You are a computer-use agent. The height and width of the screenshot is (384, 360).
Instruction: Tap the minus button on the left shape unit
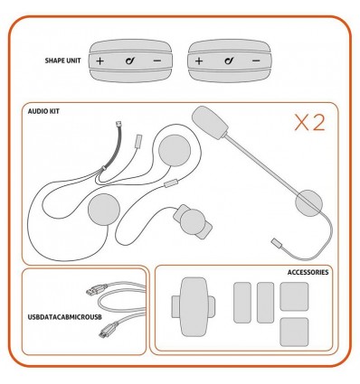(157, 62)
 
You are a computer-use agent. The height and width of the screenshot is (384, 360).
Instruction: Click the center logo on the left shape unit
(129, 62)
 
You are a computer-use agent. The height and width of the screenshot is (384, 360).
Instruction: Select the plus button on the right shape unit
(198, 62)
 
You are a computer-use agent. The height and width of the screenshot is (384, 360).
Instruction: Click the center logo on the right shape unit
(227, 62)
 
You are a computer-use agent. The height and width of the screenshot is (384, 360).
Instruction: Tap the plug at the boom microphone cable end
(279, 242)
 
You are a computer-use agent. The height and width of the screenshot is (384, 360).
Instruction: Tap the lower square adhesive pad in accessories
(294, 329)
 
